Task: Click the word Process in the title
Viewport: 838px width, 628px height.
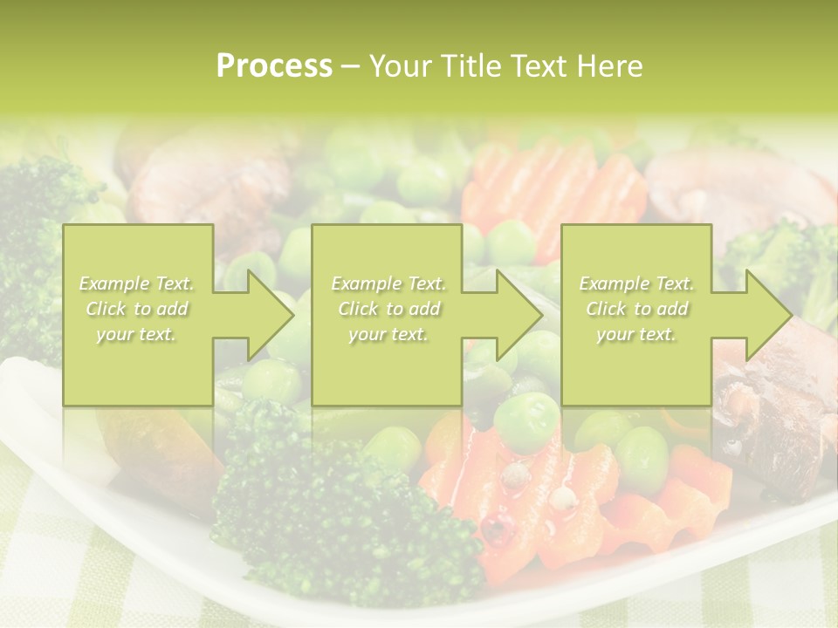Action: [274, 66]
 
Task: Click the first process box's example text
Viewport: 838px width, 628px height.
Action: [137, 309]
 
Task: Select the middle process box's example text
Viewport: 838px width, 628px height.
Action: [388, 309]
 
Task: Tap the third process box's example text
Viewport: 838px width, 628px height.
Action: [636, 309]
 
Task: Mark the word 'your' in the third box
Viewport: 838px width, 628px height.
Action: [615, 334]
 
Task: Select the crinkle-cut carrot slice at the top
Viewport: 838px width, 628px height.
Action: [541, 188]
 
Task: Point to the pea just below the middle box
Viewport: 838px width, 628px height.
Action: [525, 422]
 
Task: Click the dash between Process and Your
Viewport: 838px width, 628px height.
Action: [350, 67]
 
